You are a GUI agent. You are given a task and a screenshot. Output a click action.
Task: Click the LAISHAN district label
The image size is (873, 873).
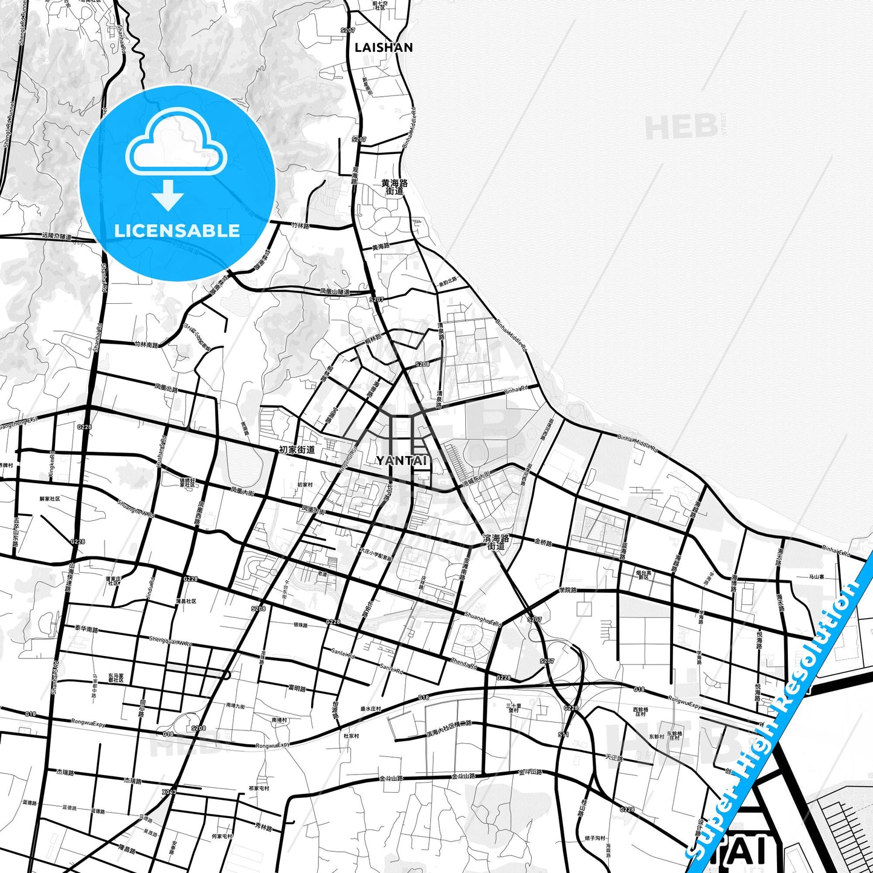click(384, 47)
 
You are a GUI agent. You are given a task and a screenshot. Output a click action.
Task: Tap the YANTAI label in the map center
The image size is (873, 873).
click(402, 460)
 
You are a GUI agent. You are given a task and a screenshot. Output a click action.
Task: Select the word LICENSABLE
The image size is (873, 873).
click(177, 230)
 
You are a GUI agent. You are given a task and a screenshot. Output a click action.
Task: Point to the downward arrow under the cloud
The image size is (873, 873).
click(168, 195)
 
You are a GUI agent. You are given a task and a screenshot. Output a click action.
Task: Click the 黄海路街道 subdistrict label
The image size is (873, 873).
click(395, 187)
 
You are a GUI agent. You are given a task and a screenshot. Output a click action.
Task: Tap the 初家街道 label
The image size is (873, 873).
click(297, 449)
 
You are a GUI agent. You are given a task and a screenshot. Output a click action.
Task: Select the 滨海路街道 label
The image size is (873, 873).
click(496, 542)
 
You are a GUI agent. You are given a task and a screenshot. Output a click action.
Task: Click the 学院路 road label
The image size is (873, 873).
click(567, 590)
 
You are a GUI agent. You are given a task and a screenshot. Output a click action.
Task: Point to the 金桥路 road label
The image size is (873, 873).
click(543, 543)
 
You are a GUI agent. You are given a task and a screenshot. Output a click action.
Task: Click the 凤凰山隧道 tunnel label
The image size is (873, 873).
click(335, 291)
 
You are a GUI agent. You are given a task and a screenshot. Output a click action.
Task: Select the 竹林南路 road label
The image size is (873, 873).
click(146, 345)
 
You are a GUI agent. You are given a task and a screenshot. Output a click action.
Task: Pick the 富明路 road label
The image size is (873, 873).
click(297, 688)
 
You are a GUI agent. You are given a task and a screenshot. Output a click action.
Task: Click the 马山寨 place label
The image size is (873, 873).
click(817, 577)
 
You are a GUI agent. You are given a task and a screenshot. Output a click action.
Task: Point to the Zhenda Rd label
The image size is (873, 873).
click(464, 663)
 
